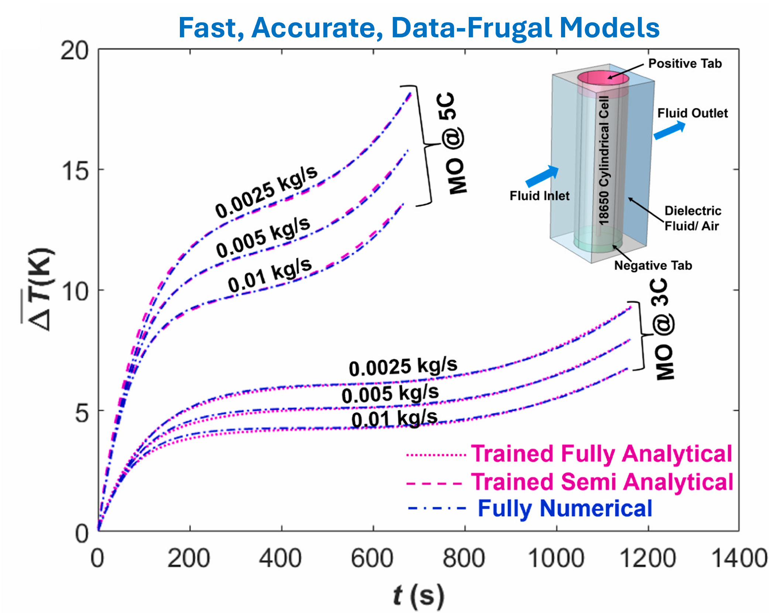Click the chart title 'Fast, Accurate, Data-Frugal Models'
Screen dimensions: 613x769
pos(419,28)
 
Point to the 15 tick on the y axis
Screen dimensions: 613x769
pos(75,171)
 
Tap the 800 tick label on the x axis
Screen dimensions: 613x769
pos(464,558)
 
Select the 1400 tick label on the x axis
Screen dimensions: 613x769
pos(739,558)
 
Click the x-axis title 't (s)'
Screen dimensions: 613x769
pos(418,595)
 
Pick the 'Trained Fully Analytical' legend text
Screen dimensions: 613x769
pos(602,453)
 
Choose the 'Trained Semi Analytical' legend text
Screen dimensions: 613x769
pos(602,482)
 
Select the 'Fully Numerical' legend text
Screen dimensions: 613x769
pos(565,509)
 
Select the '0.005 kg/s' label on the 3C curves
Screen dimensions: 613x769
pos(390,394)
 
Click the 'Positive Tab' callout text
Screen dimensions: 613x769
pos(685,64)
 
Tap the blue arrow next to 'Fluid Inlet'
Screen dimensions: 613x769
pos(542,176)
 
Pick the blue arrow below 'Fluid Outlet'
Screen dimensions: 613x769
pos(670,131)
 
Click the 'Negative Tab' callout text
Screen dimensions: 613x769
pos(653,266)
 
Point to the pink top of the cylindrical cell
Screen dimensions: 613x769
pos(603,78)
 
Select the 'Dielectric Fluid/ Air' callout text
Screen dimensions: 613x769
pos(692,218)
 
